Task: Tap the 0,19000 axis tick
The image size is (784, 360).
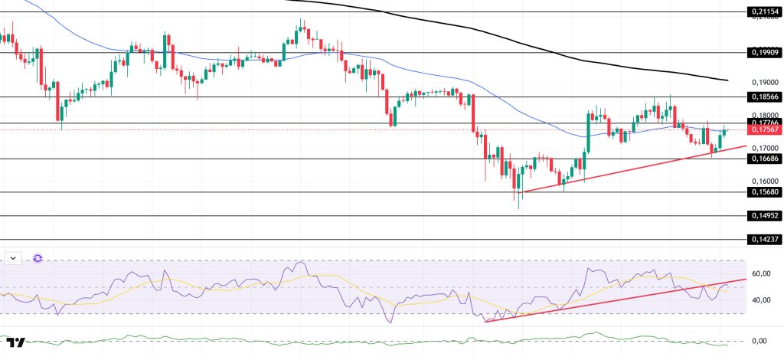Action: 764,82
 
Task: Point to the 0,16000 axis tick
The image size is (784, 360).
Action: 764,181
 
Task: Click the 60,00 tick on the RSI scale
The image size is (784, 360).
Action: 761,273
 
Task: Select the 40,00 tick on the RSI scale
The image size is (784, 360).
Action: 761,300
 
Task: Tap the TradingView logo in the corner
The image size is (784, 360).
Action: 15,342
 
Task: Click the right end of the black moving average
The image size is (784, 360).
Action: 727,80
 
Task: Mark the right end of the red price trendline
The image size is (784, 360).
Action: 745,146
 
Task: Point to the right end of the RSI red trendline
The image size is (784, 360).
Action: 745,280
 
